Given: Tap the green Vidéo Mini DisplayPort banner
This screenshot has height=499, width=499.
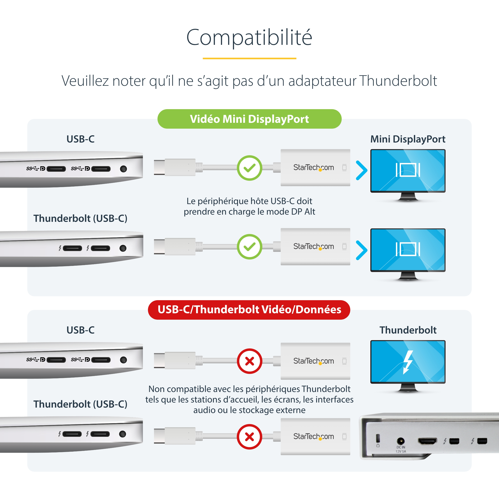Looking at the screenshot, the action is pos(249,119).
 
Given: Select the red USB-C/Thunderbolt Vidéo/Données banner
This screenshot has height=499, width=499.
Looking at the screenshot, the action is pos(249,310).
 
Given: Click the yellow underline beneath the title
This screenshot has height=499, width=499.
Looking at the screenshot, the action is pos(249,58).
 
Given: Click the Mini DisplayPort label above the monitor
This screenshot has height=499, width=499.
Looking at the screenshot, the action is pos(408,139).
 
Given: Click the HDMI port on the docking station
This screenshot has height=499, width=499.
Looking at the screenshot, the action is pos(427,441).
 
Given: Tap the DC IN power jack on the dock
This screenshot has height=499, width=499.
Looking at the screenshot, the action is pos(401,441).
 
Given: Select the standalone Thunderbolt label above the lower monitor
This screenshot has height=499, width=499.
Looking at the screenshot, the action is pos(408,330).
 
